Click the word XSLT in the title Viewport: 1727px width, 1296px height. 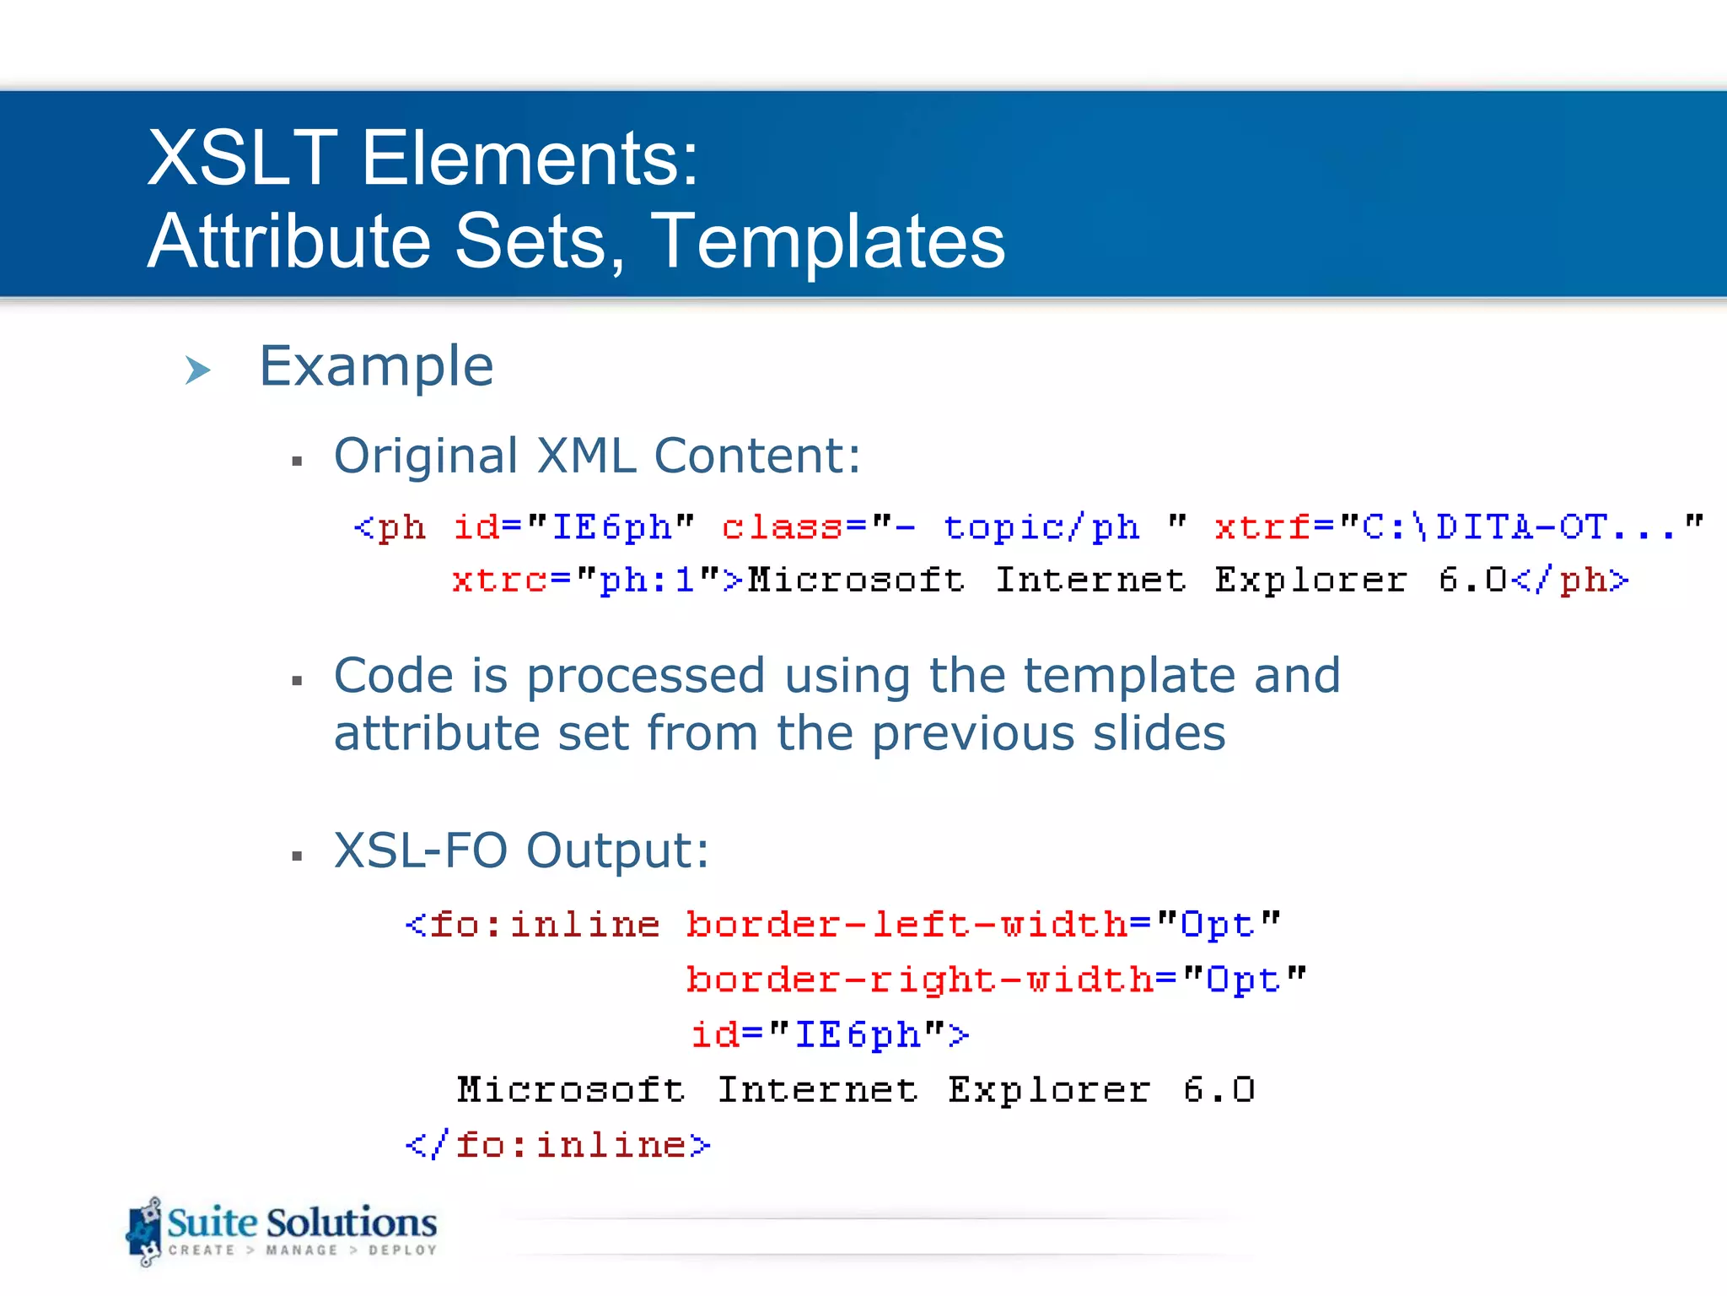click(x=242, y=158)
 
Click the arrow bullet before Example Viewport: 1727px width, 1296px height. click(x=197, y=370)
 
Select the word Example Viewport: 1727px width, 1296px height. click(x=376, y=366)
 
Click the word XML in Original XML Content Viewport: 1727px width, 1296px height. click(x=586, y=456)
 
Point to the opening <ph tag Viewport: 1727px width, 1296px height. click(x=390, y=527)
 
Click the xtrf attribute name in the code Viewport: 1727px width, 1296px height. click(x=1262, y=527)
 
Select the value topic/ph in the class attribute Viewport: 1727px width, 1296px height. click(x=1041, y=527)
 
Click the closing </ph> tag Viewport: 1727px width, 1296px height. click(x=1570, y=580)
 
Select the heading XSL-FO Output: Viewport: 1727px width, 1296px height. click(x=521, y=850)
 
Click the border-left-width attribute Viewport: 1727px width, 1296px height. click(x=907, y=925)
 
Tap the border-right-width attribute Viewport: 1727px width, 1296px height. click(x=919, y=980)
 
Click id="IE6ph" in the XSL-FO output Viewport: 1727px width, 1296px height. click(x=829, y=1034)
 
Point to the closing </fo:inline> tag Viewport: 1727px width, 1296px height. click(x=558, y=1145)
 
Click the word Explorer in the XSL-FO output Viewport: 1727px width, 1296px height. click(x=1048, y=1090)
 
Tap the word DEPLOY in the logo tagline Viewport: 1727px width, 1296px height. click(x=402, y=1250)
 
